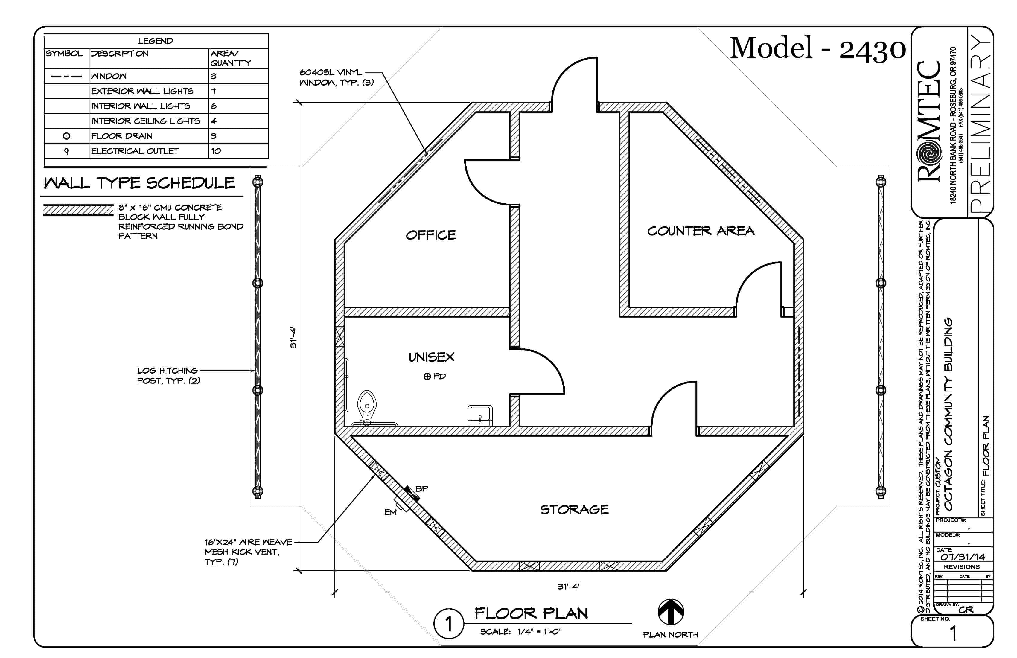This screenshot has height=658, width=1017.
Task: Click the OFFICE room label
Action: (x=431, y=235)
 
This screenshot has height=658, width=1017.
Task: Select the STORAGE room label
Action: (x=574, y=509)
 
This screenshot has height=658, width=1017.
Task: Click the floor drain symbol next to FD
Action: (x=427, y=377)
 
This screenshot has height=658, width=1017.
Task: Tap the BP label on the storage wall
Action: (x=421, y=488)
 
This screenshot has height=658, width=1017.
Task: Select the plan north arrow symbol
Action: (x=670, y=612)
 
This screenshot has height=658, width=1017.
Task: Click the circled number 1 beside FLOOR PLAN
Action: (x=448, y=624)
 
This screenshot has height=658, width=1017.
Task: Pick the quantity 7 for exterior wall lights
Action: (x=214, y=91)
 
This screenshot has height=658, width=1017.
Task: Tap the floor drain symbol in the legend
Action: (x=66, y=136)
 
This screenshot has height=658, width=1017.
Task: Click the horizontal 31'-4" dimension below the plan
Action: (x=569, y=586)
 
